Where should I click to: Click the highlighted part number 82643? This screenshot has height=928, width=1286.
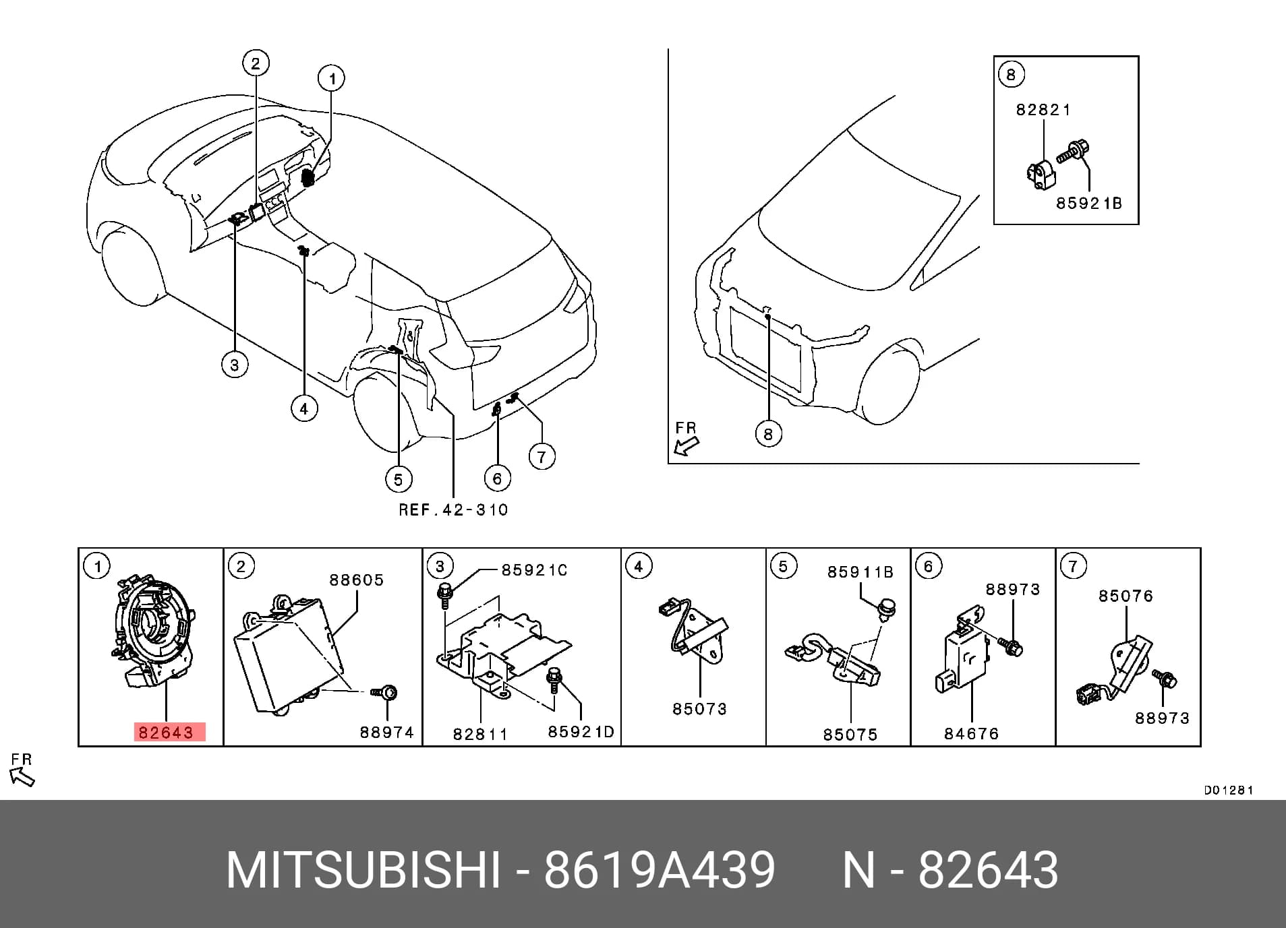[165, 732]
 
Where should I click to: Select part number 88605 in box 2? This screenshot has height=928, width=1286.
[357, 580]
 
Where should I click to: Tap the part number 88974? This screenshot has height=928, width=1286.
[387, 732]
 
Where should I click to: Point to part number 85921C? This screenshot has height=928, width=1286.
[534, 570]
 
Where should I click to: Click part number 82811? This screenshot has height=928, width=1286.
[480, 734]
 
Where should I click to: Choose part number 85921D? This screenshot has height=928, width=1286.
[581, 731]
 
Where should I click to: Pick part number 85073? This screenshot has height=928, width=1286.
[700, 708]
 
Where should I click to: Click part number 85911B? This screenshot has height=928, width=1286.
[860, 572]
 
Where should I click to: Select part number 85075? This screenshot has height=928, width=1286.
[850, 734]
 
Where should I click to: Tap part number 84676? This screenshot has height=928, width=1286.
[972, 733]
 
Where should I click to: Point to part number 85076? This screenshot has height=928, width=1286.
[1126, 596]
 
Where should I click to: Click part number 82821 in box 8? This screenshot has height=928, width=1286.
[1043, 109]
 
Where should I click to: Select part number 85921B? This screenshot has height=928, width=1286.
[1089, 203]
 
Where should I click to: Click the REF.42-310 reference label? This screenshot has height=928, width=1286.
[453, 509]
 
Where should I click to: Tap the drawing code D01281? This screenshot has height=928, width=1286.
[1229, 790]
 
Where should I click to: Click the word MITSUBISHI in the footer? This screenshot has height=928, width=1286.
[363, 871]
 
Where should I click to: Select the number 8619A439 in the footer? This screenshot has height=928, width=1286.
[660, 871]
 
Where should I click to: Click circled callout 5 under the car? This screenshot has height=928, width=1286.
[398, 479]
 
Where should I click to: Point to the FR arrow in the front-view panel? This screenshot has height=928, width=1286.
[687, 445]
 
